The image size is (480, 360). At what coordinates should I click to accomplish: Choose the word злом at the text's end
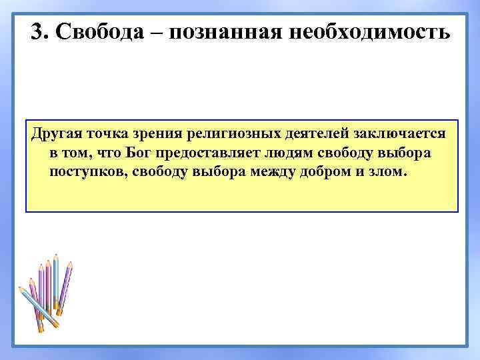(389, 172)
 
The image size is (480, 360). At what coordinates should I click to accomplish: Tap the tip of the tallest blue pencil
(57, 257)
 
